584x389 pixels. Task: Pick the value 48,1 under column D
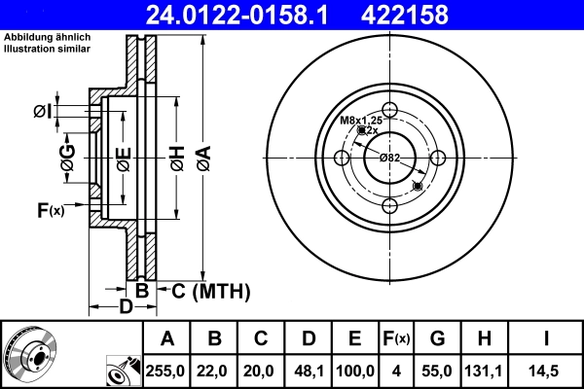coord(308,371)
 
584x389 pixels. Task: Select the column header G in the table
coord(438,339)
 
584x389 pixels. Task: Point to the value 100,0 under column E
coord(354,371)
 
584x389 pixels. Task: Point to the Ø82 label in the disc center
coord(389,158)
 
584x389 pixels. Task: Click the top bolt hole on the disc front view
coord(389,110)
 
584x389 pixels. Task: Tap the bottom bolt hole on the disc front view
coord(389,204)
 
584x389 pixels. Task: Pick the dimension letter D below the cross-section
coord(125,308)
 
